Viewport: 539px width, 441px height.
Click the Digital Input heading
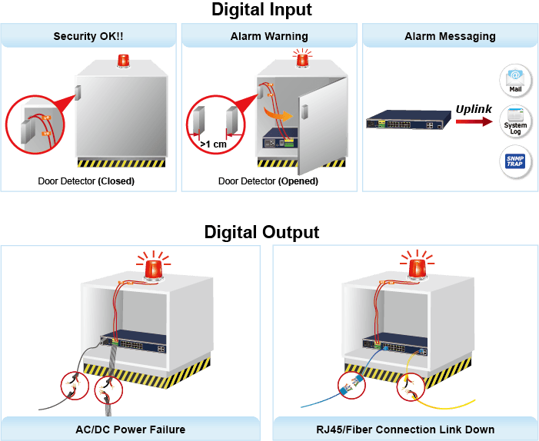pyautogui.click(x=261, y=10)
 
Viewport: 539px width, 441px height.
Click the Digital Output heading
pyautogui.click(x=261, y=232)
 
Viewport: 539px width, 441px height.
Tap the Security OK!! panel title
pyautogui.click(x=88, y=36)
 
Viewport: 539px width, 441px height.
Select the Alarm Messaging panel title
pyautogui.click(x=450, y=36)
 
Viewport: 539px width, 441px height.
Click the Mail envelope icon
pyautogui.click(x=515, y=79)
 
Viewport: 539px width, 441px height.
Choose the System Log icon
pyautogui.click(x=515, y=121)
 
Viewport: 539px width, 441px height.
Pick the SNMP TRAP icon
pyautogui.click(x=515, y=161)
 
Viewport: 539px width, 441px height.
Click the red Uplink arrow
pyautogui.click(x=474, y=121)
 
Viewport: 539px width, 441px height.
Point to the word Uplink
pyautogui.click(x=474, y=109)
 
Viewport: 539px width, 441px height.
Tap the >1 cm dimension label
pyautogui.click(x=213, y=144)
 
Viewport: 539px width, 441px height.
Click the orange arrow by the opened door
pyautogui.click(x=278, y=114)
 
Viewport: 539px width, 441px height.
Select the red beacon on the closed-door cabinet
pyautogui.click(x=123, y=61)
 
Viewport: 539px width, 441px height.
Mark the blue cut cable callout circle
pyautogui.click(x=351, y=385)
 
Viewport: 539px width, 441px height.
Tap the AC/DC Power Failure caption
pyautogui.click(x=130, y=429)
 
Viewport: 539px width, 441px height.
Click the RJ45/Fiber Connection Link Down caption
pyautogui.click(x=405, y=429)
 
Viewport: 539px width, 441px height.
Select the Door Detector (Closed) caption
pyautogui.click(x=86, y=181)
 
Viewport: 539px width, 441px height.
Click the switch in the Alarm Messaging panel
pyautogui.click(x=409, y=120)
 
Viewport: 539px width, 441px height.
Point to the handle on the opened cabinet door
pyautogui.click(x=304, y=112)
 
